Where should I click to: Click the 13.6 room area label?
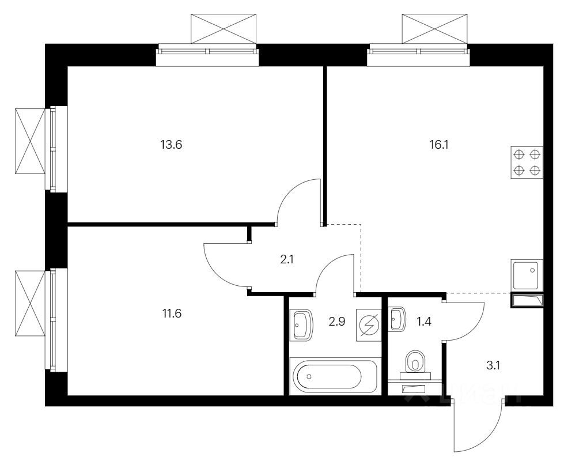click(171, 145)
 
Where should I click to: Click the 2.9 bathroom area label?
click(337, 321)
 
